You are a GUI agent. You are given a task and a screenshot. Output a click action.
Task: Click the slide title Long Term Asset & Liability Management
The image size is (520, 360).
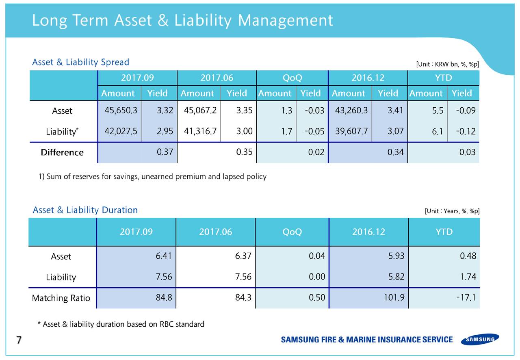[182, 20]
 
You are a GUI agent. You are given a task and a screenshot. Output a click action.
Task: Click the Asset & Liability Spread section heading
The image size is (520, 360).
[80, 62]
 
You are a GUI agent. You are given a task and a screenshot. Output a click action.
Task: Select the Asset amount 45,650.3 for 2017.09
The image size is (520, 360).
[118, 111]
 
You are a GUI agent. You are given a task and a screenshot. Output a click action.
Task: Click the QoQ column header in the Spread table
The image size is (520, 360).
[292, 78]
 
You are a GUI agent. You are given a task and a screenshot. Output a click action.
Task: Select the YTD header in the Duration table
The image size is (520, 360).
[444, 232]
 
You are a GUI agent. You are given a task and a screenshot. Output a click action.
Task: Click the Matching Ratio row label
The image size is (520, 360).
[61, 298]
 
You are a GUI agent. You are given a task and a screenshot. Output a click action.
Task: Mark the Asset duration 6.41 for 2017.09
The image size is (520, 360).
[164, 256]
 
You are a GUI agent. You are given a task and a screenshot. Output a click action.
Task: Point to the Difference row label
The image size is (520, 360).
[62, 152]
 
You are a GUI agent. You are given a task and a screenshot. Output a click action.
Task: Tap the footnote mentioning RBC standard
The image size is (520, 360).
[121, 324]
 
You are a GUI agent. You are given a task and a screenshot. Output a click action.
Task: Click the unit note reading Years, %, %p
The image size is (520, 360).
[452, 211]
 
